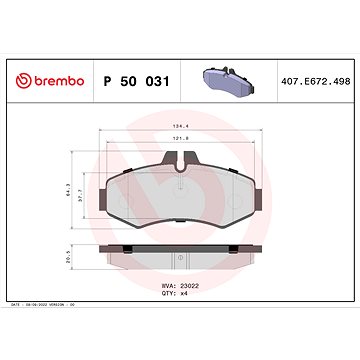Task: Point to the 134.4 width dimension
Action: [x=180, y=126]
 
